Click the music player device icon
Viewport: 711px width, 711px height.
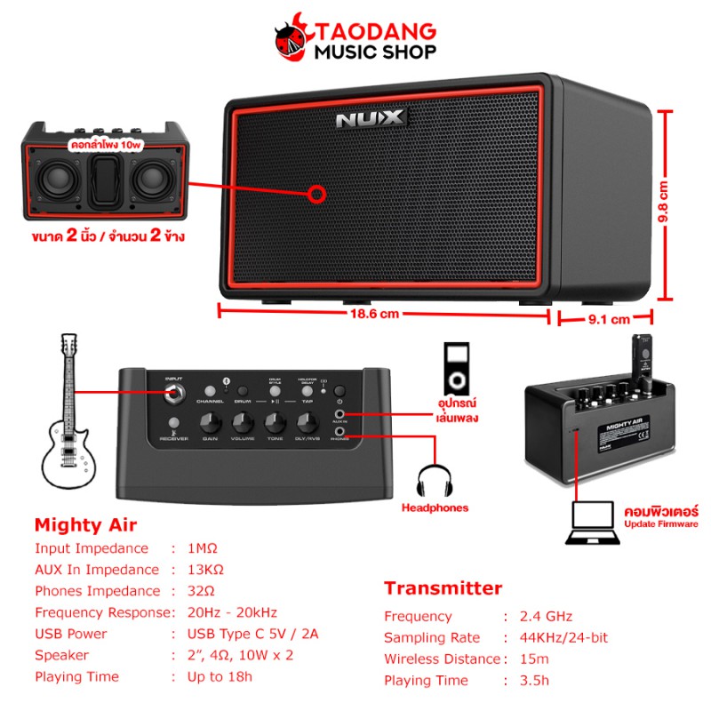coord(454,366)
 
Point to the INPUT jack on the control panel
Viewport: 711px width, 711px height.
coord(173,392)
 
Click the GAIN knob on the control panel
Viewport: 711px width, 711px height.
coord(211,420)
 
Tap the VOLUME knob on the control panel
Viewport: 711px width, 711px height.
coord(243,420)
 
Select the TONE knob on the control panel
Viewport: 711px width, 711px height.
coord(275,420)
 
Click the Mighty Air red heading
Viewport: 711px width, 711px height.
coord(85,524)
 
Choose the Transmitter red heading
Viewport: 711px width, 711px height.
coord(443,588)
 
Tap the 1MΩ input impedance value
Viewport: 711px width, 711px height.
coord(203,548)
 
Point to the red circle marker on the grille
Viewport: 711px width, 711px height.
coord(315,194)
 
